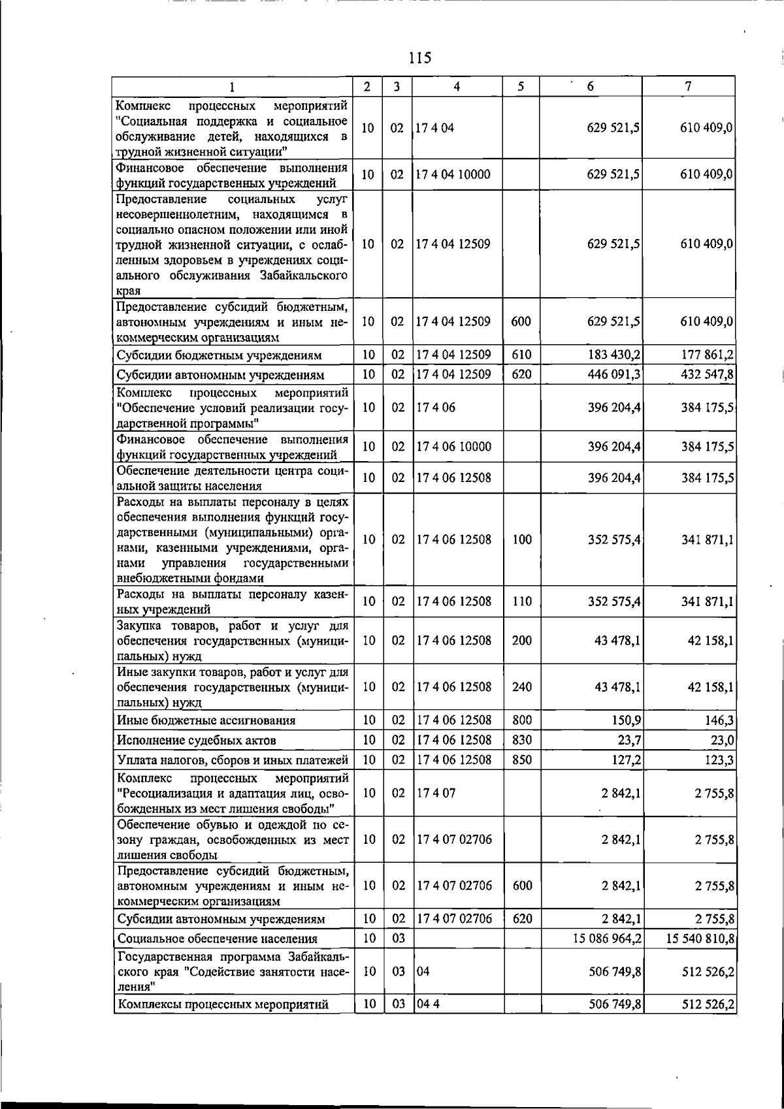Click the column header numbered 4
(457, 86)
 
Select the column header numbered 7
(688, 86)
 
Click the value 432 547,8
(708, 375)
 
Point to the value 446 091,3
(614, 375)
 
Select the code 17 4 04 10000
(453, 174)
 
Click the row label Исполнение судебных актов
(197, 740)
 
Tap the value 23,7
(628, 740)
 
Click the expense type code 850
(522, 760)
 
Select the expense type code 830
(522, 740)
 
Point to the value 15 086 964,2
(607, 939)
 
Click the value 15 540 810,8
(700, 939)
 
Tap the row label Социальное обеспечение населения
(217, 939)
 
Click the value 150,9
(625, 720)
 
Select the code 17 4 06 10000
(453, 447)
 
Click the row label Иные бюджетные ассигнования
(206, 720)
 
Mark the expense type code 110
(522, 602)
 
